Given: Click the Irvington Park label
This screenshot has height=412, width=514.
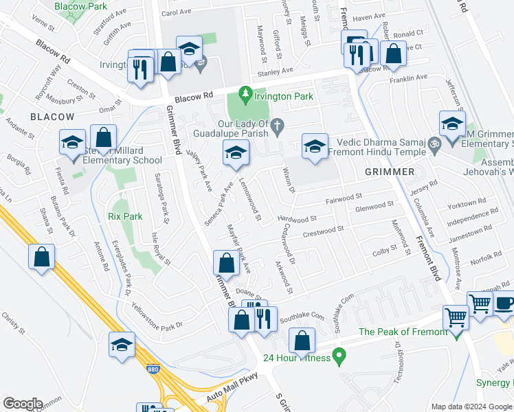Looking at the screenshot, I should [283, 97].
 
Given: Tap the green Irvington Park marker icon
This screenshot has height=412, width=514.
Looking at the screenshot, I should [244, 93].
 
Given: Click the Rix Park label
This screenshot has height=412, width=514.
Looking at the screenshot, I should [125, 216].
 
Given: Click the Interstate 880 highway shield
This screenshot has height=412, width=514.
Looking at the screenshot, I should [153, 370].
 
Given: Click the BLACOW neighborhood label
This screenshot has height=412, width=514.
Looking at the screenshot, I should [52, 117].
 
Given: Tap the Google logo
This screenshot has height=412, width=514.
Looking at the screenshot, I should [23, 404].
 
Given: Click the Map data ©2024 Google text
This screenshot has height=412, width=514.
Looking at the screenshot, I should [471, 406].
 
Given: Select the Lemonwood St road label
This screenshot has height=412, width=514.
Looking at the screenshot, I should [249, 200].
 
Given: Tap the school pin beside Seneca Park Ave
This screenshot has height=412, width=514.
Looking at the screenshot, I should [235, 153].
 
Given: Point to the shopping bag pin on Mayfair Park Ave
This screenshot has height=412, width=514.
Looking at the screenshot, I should [226, 263].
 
